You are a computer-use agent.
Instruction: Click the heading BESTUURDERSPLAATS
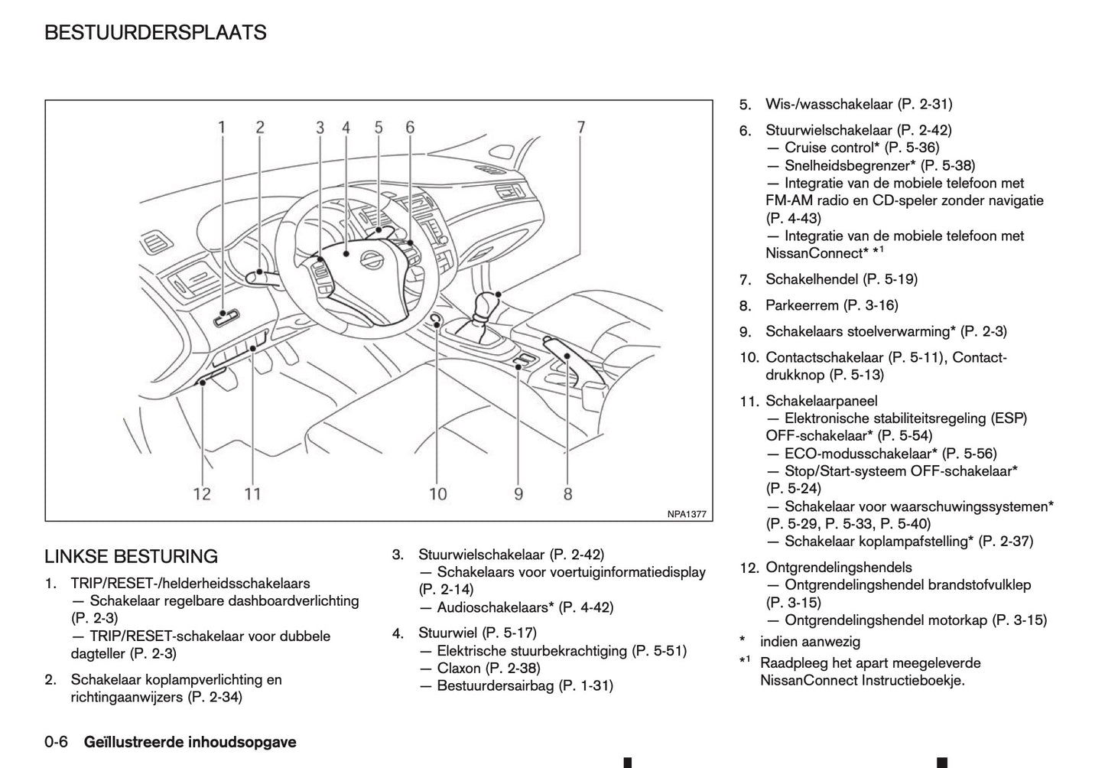(x=155, y=33)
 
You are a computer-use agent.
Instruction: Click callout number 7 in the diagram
(x=581, y=127)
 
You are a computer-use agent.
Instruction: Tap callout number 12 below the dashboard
(x=202, y=493)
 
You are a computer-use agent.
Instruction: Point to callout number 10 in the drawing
(x=437, y=493)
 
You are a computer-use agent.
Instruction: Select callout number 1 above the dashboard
(x=222, y=127)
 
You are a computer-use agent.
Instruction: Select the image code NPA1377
(x=686, y=514)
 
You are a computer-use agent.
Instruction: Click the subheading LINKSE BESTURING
(x=131, y=556)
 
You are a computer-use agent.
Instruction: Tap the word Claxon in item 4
(x=459, y=668)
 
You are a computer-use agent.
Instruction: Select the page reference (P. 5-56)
(x=970, y=454)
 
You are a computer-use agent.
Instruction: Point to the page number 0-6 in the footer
(x=57, y=742)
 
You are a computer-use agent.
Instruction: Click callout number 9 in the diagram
(x=518, y=493)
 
